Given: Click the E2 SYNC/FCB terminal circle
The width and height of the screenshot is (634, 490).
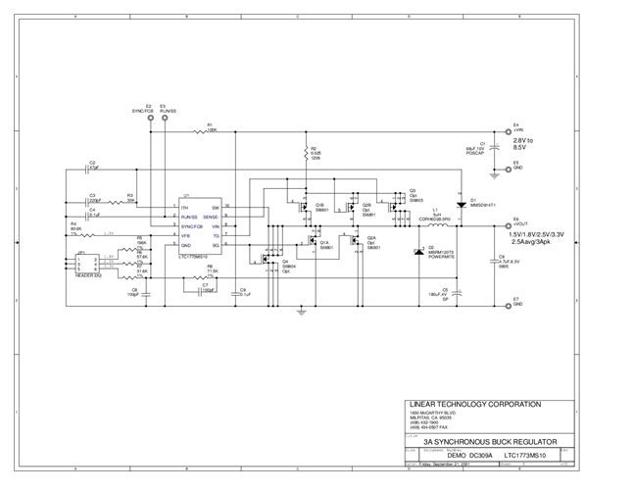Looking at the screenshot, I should point(147,121).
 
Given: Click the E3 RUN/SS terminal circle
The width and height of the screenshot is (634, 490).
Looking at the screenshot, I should point(162,121).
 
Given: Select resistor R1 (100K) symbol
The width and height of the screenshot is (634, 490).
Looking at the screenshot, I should point(210,130).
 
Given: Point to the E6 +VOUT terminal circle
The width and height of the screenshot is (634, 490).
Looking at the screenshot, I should point(507,224).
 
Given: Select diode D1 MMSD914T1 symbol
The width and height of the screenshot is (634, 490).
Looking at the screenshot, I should point(461,204).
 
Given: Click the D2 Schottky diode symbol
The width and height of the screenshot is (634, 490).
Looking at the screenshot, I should point(420,252).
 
